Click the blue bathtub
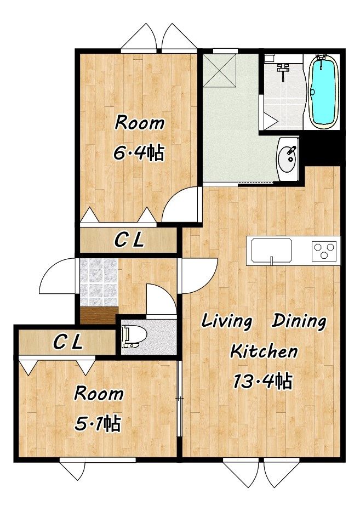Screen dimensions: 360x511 pyautogui.click(x=323, y=91)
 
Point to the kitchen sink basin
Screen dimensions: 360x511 pyautogui.click(x=272, y=250)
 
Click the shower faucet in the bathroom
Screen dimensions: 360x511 pyautogui.click(x=284, y=71)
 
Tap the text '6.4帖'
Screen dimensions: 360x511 pyautogui.click(x=139, y=152)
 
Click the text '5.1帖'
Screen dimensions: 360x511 pyautogui.click(x=98, y=424)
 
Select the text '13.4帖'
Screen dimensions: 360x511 pyautogui.click(x=262, y=381)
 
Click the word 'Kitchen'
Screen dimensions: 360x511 pyautogui.click(x=264, y=351)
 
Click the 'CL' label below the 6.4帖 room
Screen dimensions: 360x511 pyautogui.click(x=129, y=241)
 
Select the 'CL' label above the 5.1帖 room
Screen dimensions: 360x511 pyautogui.click(x=68, y=342)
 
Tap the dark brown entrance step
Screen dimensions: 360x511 pyautogui.click(x=99, y=315)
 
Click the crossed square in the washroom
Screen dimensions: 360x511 pyautogui.click(x=220, y=71)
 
